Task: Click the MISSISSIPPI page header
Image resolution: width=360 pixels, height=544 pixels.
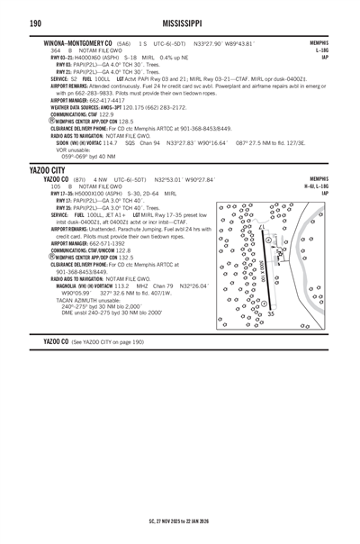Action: tap(179, 22)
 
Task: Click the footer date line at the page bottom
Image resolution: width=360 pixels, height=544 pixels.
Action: tap(179, 521)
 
